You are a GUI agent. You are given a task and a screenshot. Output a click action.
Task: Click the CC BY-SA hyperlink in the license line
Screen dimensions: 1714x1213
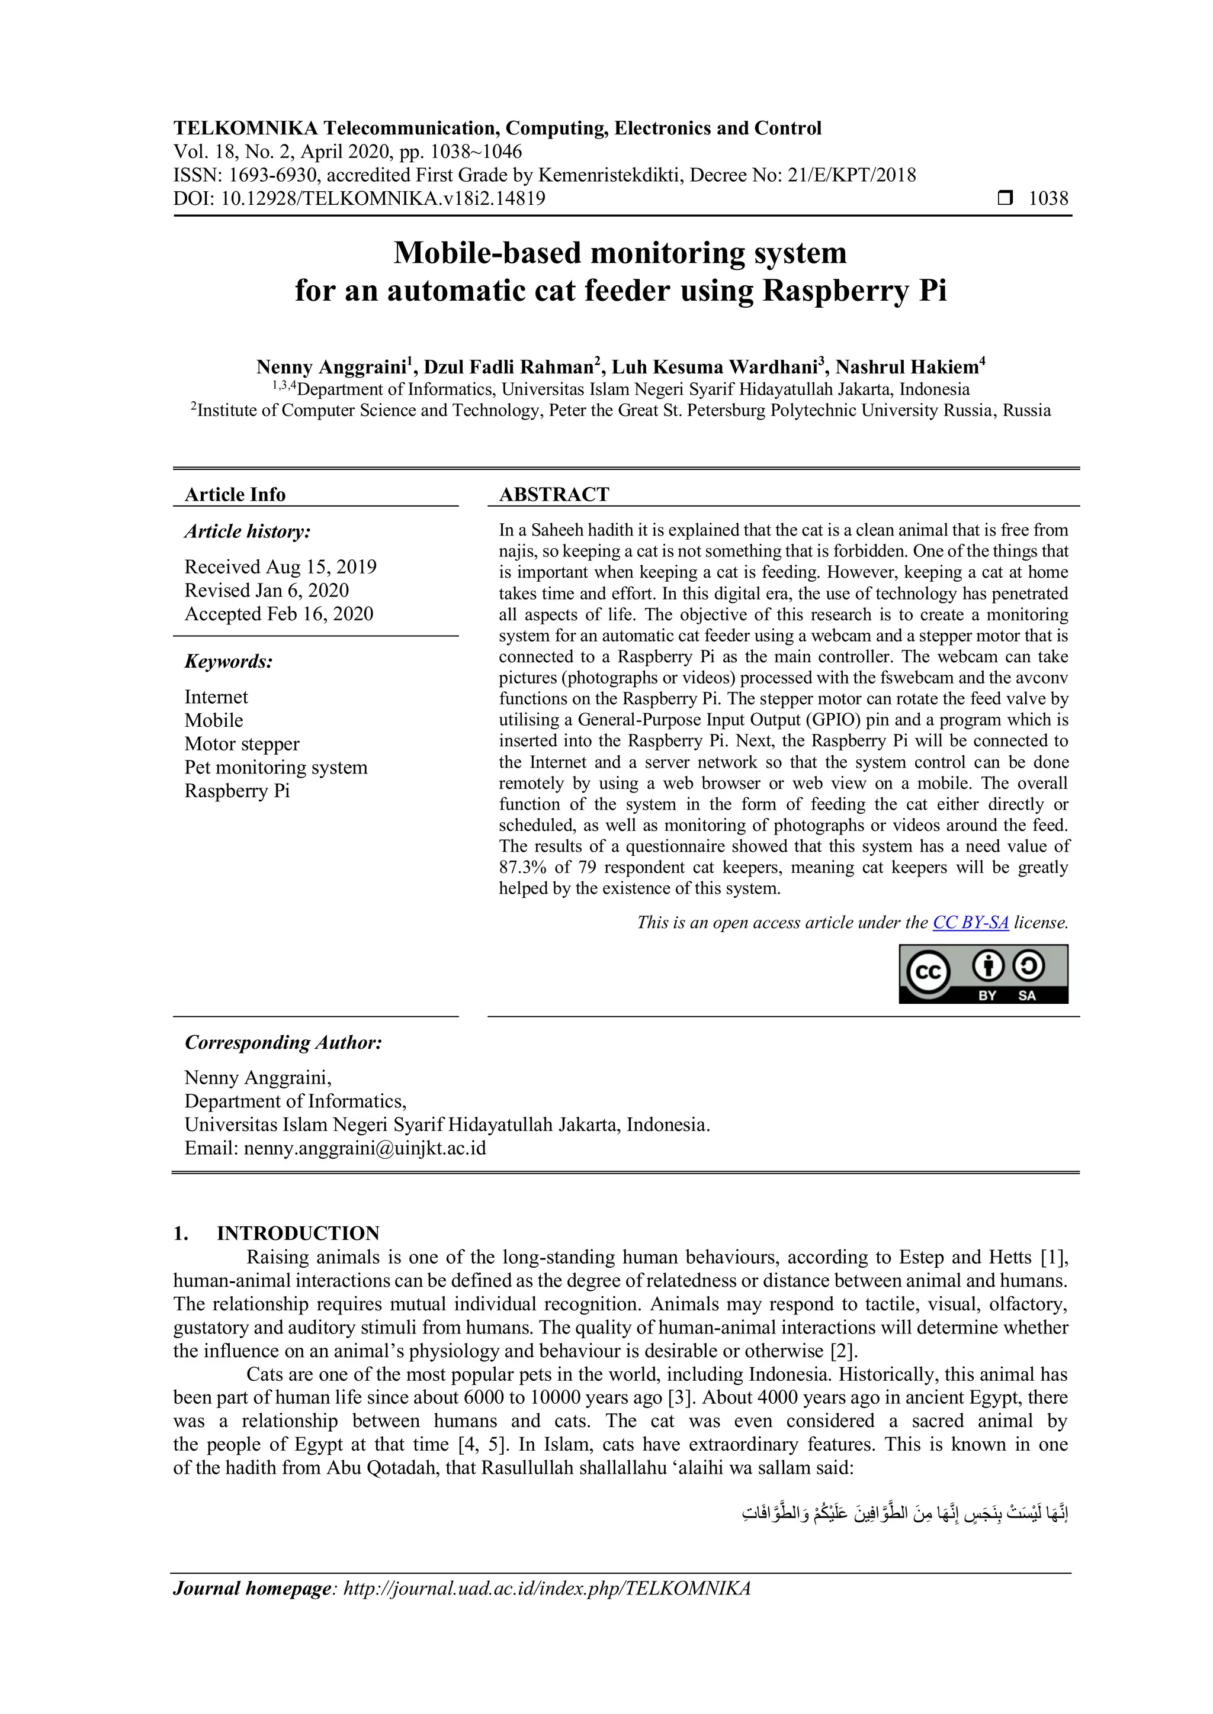970,923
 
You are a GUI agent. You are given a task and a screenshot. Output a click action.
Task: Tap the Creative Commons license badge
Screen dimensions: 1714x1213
983,974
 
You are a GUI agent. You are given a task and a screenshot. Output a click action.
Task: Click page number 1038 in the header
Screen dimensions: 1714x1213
1048,199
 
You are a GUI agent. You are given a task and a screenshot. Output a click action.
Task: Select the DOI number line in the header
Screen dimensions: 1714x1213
360,199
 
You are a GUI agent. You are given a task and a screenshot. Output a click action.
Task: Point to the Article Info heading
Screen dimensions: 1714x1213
235,494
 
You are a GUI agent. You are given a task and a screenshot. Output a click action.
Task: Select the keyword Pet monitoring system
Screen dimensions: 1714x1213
275,768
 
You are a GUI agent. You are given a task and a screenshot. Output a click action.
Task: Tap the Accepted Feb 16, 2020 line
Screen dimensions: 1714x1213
278,614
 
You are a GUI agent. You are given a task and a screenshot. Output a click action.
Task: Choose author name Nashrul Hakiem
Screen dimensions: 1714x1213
907,368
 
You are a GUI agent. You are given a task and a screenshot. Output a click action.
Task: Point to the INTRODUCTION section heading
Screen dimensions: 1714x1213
297,1233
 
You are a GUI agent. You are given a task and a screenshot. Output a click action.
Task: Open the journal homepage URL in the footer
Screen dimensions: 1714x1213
546,1589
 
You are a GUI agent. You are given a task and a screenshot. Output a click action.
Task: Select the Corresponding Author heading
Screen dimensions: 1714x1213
283,1042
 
